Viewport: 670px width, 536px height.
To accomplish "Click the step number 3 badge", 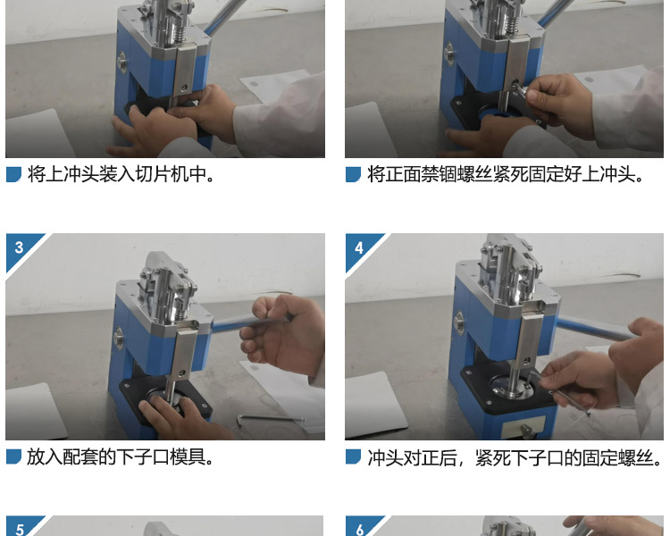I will click(19, 247).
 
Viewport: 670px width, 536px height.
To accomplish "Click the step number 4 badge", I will click(359, 247).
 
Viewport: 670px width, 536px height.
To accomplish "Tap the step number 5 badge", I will click(19, 529).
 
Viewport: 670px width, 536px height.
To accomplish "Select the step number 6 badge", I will click(359, 529).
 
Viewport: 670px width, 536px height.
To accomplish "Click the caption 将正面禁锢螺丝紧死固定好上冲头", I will click(507, 174).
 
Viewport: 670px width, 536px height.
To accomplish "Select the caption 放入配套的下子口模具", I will click(121, 457).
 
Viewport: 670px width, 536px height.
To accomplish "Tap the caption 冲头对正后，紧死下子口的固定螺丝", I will click(515, 457).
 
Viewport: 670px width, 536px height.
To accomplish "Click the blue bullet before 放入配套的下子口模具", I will click(13, 457).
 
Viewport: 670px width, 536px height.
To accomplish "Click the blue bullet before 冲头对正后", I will click(353, 457).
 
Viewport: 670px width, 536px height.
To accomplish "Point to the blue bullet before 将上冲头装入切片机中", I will click(13, 174).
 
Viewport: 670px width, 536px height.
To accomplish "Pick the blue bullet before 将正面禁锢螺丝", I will click(353, 174).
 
